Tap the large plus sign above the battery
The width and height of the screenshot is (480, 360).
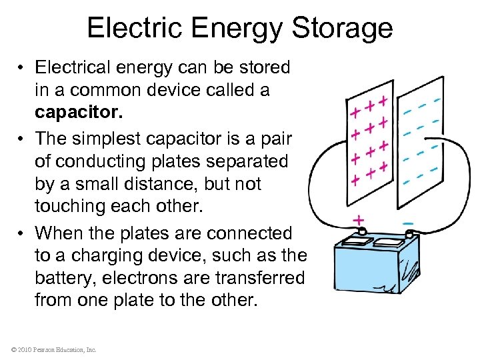[359, 219]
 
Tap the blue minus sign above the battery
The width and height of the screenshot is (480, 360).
[408, 221]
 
